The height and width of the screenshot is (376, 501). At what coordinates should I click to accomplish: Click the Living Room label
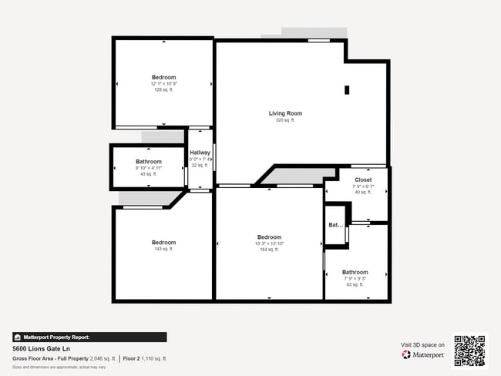(x=285, y=113)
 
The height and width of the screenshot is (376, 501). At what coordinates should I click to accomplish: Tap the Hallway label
(x=200, y=153)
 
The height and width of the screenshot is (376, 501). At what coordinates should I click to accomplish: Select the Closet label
(x=362, y=180)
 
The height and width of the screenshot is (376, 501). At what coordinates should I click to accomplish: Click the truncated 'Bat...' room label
(x=335, y=226)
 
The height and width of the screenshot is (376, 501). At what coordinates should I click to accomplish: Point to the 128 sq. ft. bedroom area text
(x=163, y=90)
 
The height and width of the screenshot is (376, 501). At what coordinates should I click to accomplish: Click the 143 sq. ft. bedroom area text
(x=163, y=249)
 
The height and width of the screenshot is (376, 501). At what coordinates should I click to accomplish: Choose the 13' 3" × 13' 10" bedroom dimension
(x=269, y=243)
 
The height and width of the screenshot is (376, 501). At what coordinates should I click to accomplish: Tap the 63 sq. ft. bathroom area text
(x=355, y=284)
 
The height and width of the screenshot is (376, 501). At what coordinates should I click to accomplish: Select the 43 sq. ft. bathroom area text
(x=148, y=174)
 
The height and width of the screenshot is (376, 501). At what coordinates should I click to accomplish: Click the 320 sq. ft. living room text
(x=285, y=120)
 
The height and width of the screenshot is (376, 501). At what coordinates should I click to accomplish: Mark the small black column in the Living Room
(x=347, y=90)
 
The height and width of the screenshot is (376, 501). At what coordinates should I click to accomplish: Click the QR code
(x=469, y=351)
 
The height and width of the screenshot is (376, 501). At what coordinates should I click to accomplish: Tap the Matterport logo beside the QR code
(x=423, y=355)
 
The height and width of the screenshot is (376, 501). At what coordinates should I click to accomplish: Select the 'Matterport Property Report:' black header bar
(x=89, y=337)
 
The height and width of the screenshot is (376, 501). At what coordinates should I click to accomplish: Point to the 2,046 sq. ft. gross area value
(x=103, y=359)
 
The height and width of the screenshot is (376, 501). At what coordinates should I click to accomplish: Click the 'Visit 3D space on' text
(x=422, y=344)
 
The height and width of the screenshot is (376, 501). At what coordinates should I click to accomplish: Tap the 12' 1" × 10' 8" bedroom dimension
(x=163, y=84)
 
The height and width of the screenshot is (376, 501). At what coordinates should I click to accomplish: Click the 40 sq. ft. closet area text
(x=362, y=192)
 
